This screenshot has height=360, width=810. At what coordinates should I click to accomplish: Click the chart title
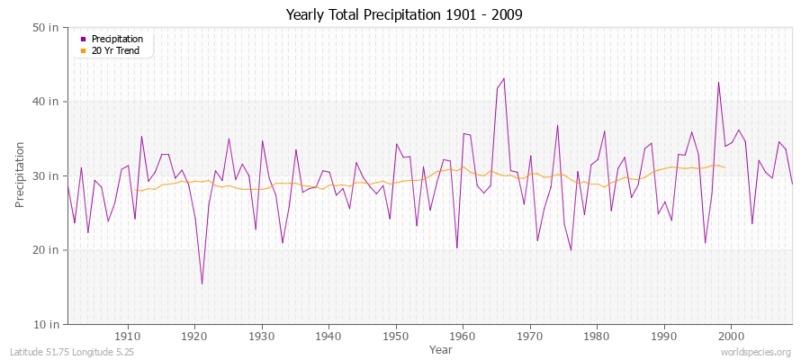point(404,15)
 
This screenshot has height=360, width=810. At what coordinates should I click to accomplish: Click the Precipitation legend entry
point(117,39)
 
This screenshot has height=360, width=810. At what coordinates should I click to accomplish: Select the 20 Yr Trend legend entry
point(117,50)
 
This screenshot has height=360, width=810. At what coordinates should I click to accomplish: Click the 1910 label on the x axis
point(128,336)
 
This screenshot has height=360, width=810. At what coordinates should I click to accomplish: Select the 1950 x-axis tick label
point(396,336)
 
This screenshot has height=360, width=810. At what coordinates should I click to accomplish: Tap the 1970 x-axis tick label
point(530,336)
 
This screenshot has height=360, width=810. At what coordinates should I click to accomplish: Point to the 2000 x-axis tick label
point(731,336)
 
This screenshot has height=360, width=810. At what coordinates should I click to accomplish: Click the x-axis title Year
point(441,348)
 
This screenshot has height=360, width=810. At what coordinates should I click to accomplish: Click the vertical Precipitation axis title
point(20,175)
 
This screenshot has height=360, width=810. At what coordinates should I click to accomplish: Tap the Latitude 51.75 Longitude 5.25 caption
point(73,353)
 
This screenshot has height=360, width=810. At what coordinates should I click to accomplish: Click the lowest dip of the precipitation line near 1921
point(202,283)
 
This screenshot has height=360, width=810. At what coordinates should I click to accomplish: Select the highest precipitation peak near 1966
point(504,78)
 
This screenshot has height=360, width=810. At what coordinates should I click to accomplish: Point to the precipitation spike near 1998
point(718,82)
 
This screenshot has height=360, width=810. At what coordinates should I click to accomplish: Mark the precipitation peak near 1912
point(141,137)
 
